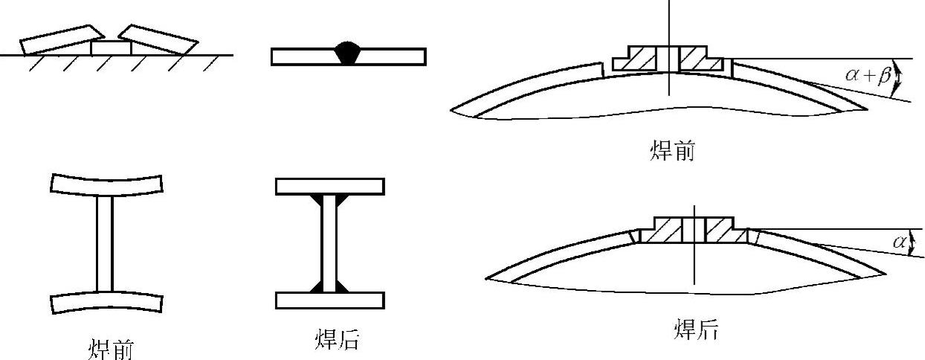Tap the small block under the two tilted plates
[111, 48]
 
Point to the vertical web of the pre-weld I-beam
[105, 242]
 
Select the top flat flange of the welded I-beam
[329, 186]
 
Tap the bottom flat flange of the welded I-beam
[329, 300]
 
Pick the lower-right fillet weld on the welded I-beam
[341, 286]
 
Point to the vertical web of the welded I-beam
[329, 242]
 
